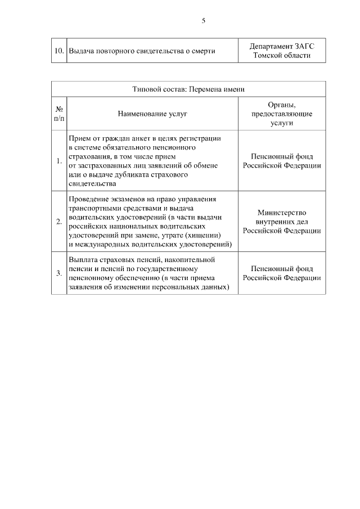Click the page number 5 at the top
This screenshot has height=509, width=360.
[203, 21]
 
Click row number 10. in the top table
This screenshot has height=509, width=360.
[58, 51]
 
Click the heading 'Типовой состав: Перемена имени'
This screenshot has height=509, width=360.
[188, 89]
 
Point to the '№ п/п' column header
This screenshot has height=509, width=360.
[59, 114]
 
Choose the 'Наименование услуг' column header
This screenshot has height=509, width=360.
[152, 114]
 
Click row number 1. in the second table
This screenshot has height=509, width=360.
[59, 161]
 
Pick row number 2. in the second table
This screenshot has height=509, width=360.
[59, 222]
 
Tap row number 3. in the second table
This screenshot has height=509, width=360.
[59, 274]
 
